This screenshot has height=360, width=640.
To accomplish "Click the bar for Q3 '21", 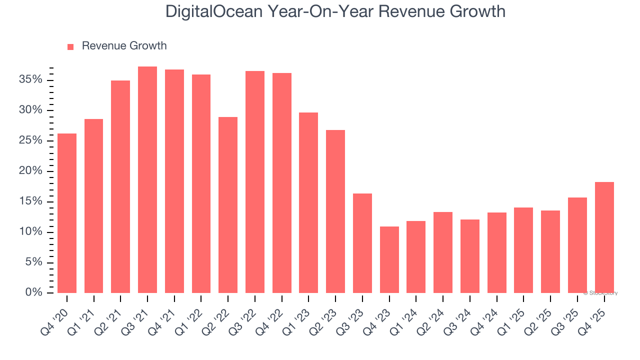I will pyautogui.click(x=147, y=180).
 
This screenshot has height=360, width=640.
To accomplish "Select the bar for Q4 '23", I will pyautogui.click(x=389, y=260).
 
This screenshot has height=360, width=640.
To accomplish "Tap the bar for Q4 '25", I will pyautogui.click(x=604, y=237).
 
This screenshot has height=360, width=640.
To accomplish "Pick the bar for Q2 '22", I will pyautogui.click(x=228, y=205).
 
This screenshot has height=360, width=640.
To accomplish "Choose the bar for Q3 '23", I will pyautogui.click(x=362, y=243).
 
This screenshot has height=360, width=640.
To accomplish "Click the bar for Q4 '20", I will pyautogui.click(x=67, y=213).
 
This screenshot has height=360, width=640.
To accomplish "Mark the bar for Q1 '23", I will pyautogui.click(x=308, y=202).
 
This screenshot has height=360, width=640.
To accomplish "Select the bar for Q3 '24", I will pyautogui.click(x=470, y=256).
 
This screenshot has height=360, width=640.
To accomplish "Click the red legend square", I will pyautogui.click(x=70, y=46).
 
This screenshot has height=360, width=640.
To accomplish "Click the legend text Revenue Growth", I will pyautogui.click(x=124, y=46).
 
